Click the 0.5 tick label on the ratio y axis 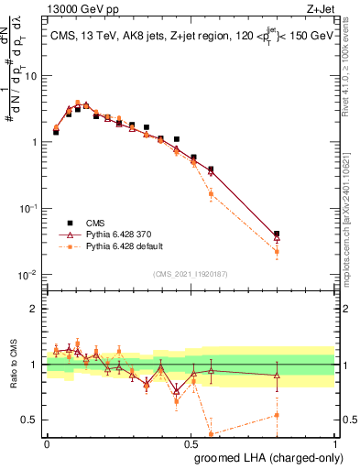[31, 422]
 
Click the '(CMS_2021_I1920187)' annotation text [191, 273]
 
